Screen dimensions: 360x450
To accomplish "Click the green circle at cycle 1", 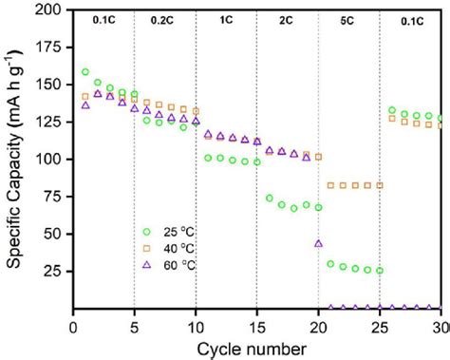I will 86,72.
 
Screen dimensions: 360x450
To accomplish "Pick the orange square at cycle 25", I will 380,185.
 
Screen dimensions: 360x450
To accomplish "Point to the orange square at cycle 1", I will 86,96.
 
